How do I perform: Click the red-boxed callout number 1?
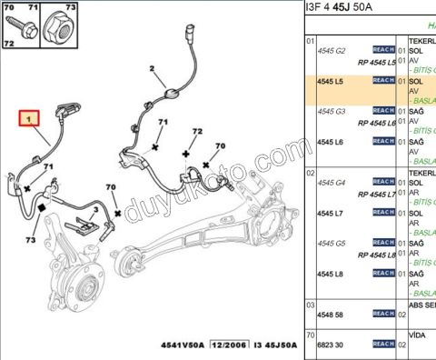[30, 118]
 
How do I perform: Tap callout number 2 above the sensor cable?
[153, 68]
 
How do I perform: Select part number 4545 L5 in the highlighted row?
[329, 81]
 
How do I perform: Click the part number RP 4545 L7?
[376, 194]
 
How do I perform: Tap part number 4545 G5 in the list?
[331, 243]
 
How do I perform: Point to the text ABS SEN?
[421, 305]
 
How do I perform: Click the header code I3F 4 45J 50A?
[344, 8]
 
